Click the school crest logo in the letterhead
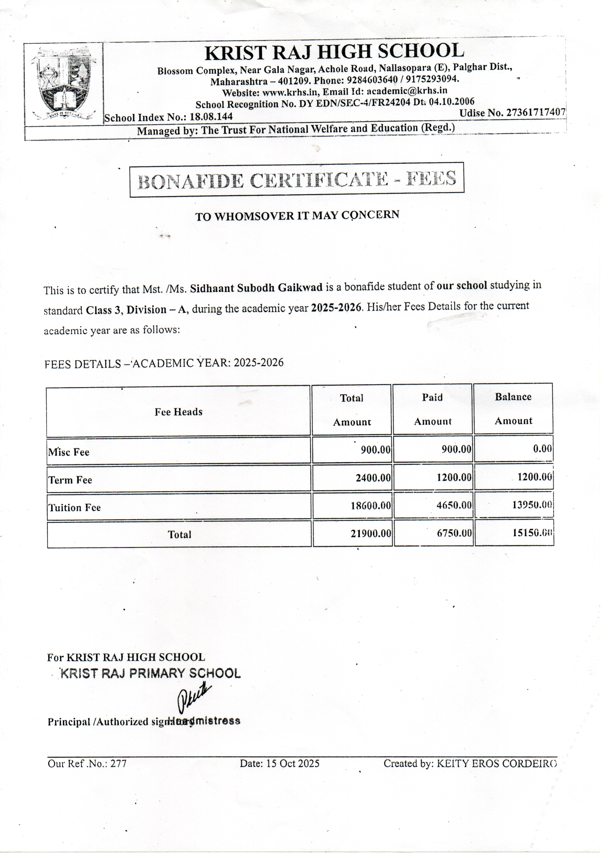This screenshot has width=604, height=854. (64, 84)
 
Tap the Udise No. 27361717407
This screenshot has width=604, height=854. (512, 113)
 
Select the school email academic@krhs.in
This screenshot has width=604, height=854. (407, 91)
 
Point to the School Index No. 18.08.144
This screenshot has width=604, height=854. (168, 117)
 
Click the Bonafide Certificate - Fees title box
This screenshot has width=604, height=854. (297, 180)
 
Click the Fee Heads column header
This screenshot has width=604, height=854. (178, 412)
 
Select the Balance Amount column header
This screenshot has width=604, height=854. (513, 409)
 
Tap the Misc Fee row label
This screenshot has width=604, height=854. (69, 452)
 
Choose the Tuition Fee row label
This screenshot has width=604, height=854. (75, 508)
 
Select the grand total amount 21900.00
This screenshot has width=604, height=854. (371, 534)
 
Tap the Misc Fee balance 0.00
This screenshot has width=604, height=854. (542, 449)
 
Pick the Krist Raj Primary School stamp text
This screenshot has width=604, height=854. (150, 673)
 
